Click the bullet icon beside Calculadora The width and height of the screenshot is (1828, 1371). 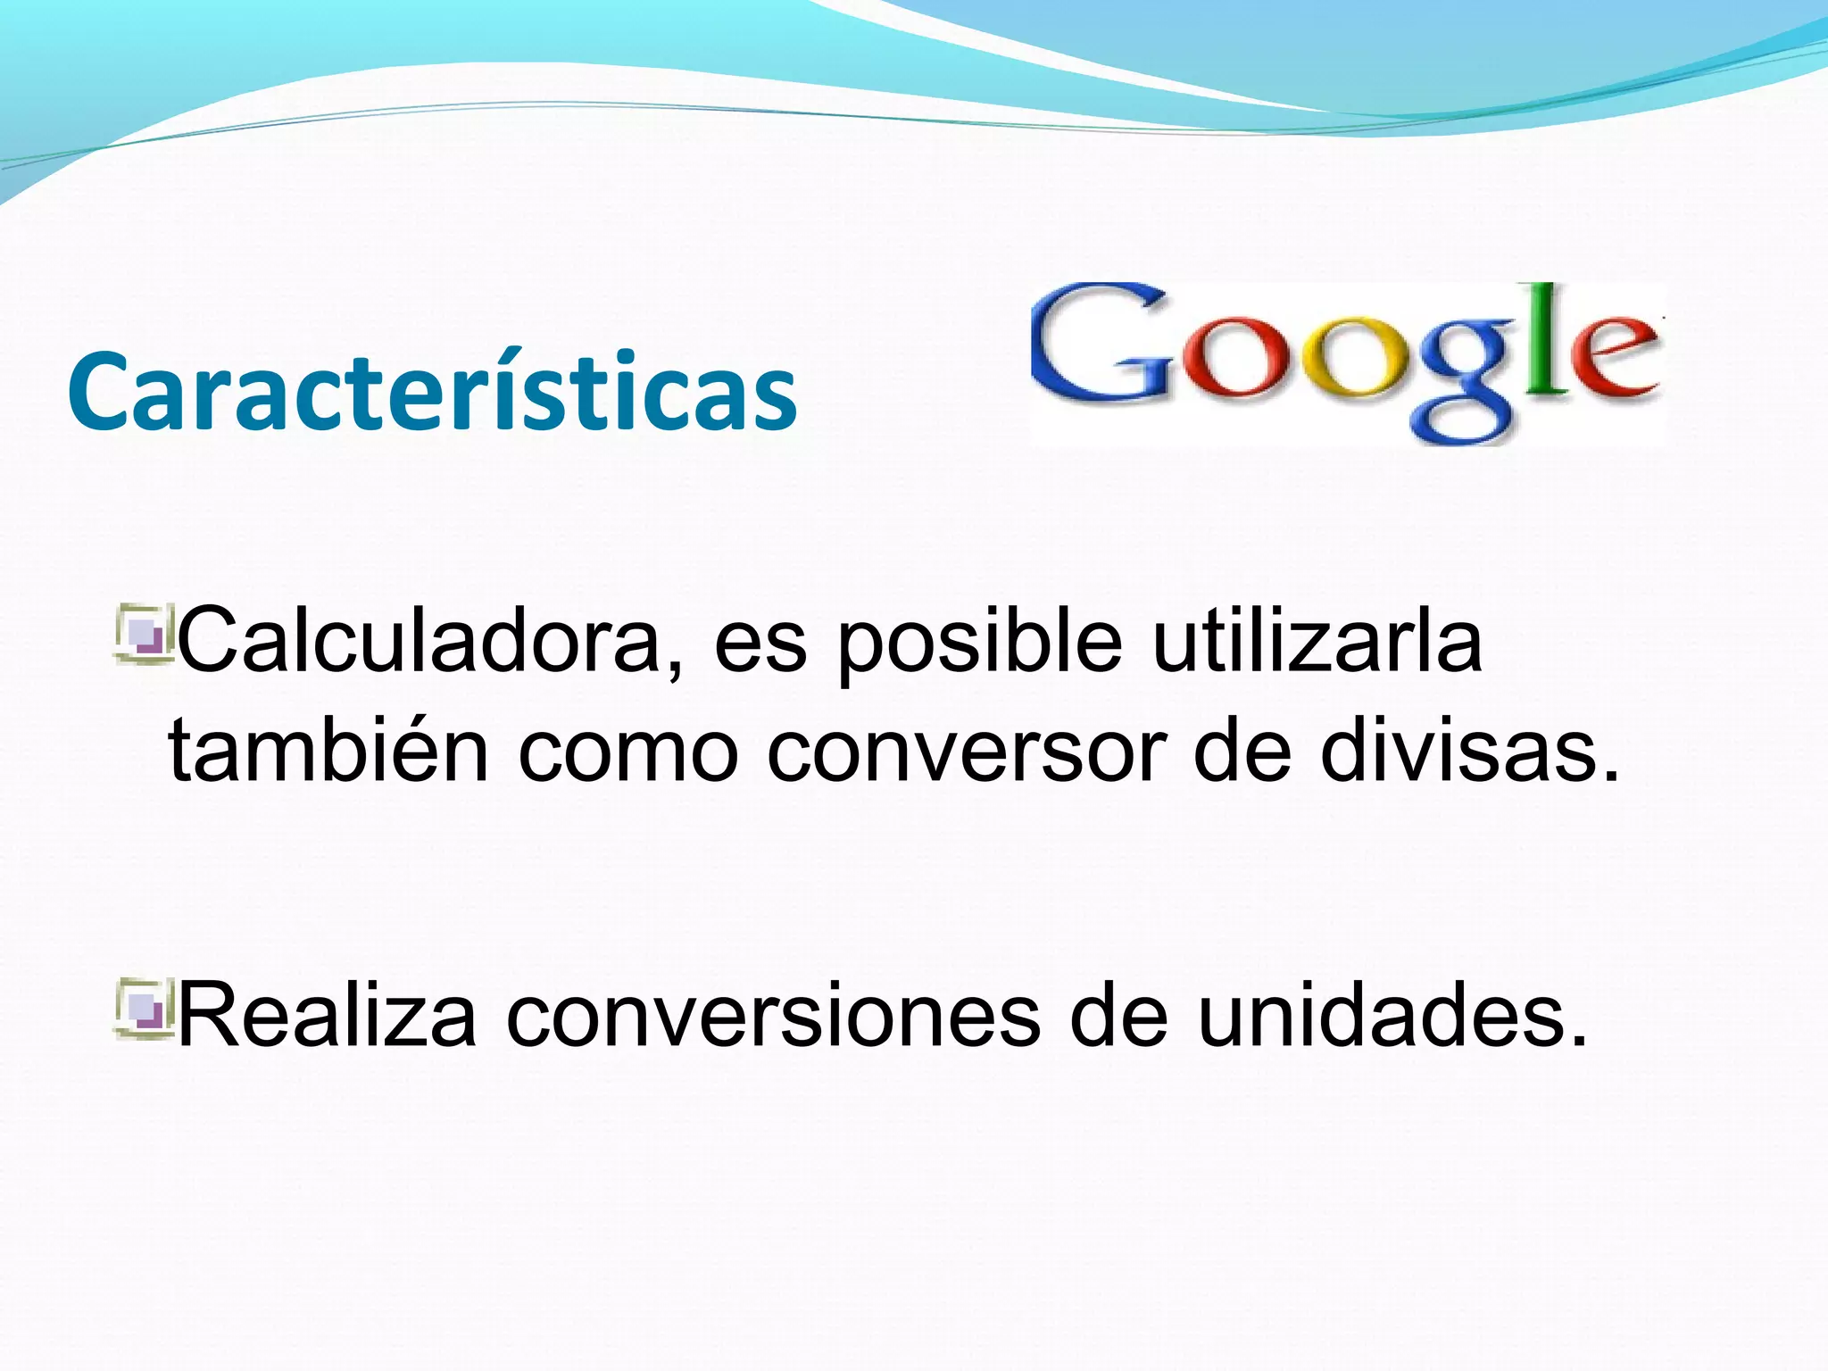[x=142, y=635]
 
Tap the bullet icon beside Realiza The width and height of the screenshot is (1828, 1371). [x=142, y=1010]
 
